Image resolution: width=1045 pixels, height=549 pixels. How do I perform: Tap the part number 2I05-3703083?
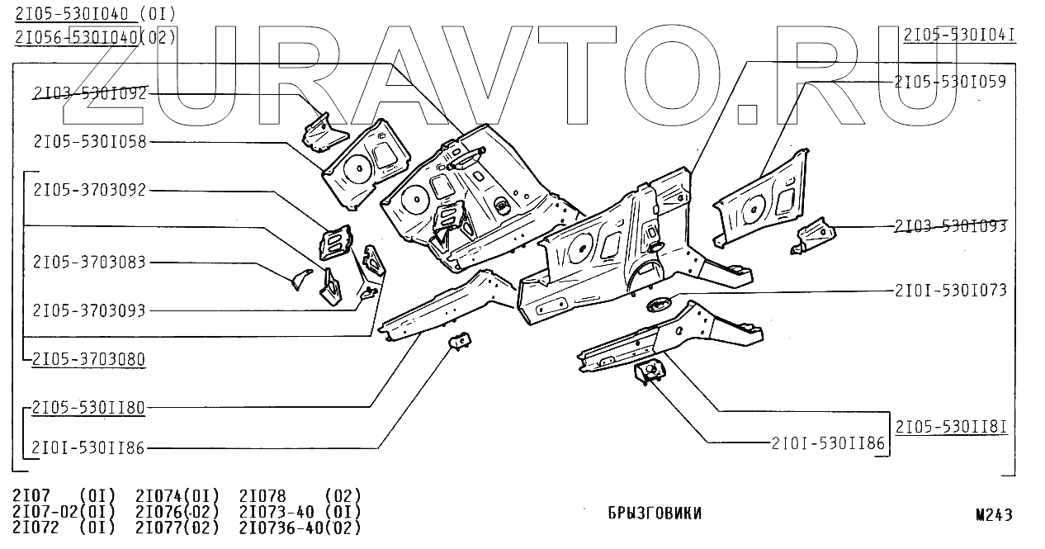(x=89, y=263)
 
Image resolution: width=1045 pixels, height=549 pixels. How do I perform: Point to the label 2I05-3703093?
(x=89, y=311)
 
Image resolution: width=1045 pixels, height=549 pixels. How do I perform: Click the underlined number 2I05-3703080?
(x=89, y=359)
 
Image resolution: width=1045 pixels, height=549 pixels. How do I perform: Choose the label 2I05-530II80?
(x=89, y=407)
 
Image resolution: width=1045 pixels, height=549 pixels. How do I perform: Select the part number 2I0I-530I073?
(x=950, y=291)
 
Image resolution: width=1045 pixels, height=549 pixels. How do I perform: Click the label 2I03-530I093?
(x=950, y=226)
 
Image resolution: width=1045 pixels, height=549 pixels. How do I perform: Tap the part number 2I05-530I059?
(x=950, y=81)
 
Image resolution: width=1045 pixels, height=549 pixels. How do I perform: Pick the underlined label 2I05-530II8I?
(x=951, y=427)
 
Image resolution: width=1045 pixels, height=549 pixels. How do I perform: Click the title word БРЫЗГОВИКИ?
(x=654, y=514)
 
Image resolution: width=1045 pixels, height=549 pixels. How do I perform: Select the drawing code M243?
(x=994, y=515)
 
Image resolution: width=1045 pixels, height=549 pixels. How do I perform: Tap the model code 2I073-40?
(x=277, y=512)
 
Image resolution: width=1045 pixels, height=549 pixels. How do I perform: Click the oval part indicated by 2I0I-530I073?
(x=660, y=304)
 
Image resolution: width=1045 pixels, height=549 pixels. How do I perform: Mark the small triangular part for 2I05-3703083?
(x=300, y=279)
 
